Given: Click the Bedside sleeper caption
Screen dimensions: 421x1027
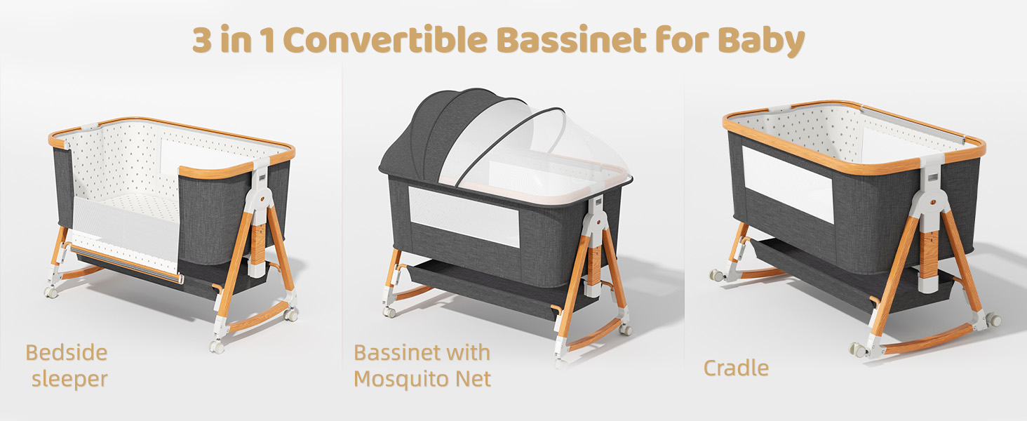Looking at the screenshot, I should (67, 365).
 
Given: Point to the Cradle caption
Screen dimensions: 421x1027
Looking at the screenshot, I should (736, 368).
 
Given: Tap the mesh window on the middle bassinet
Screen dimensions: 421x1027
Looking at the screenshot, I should (464, 218).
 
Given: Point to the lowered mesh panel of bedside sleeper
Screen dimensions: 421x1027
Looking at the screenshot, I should (126, 239).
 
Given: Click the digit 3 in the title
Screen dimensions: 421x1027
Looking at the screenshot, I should (204, 41).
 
